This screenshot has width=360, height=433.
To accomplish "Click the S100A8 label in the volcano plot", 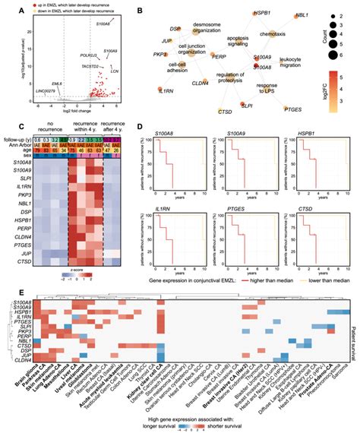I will pyautogui.click(x=103, y=24).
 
